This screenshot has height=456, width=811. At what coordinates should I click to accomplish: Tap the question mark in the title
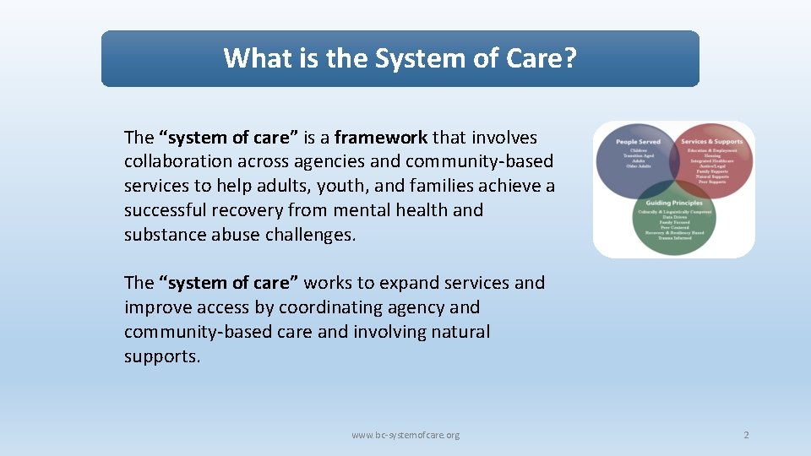pos(571,58)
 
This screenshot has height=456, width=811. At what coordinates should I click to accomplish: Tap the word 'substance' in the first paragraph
pos(163,235)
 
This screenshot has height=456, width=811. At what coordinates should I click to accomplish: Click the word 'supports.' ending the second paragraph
pos(162,356)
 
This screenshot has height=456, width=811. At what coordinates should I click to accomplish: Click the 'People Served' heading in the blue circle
pos(639,142)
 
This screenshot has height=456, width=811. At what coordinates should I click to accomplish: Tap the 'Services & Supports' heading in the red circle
pos(712,142)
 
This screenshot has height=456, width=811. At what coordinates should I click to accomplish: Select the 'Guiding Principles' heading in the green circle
pos(674,204)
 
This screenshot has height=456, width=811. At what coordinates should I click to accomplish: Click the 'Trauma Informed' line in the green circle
pos(674,238)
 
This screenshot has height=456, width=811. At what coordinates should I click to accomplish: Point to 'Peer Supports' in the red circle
pos(711,182)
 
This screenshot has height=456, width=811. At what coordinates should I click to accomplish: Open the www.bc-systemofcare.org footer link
pos(405,435)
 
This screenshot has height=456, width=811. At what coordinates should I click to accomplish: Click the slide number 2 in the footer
pos(746,435)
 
